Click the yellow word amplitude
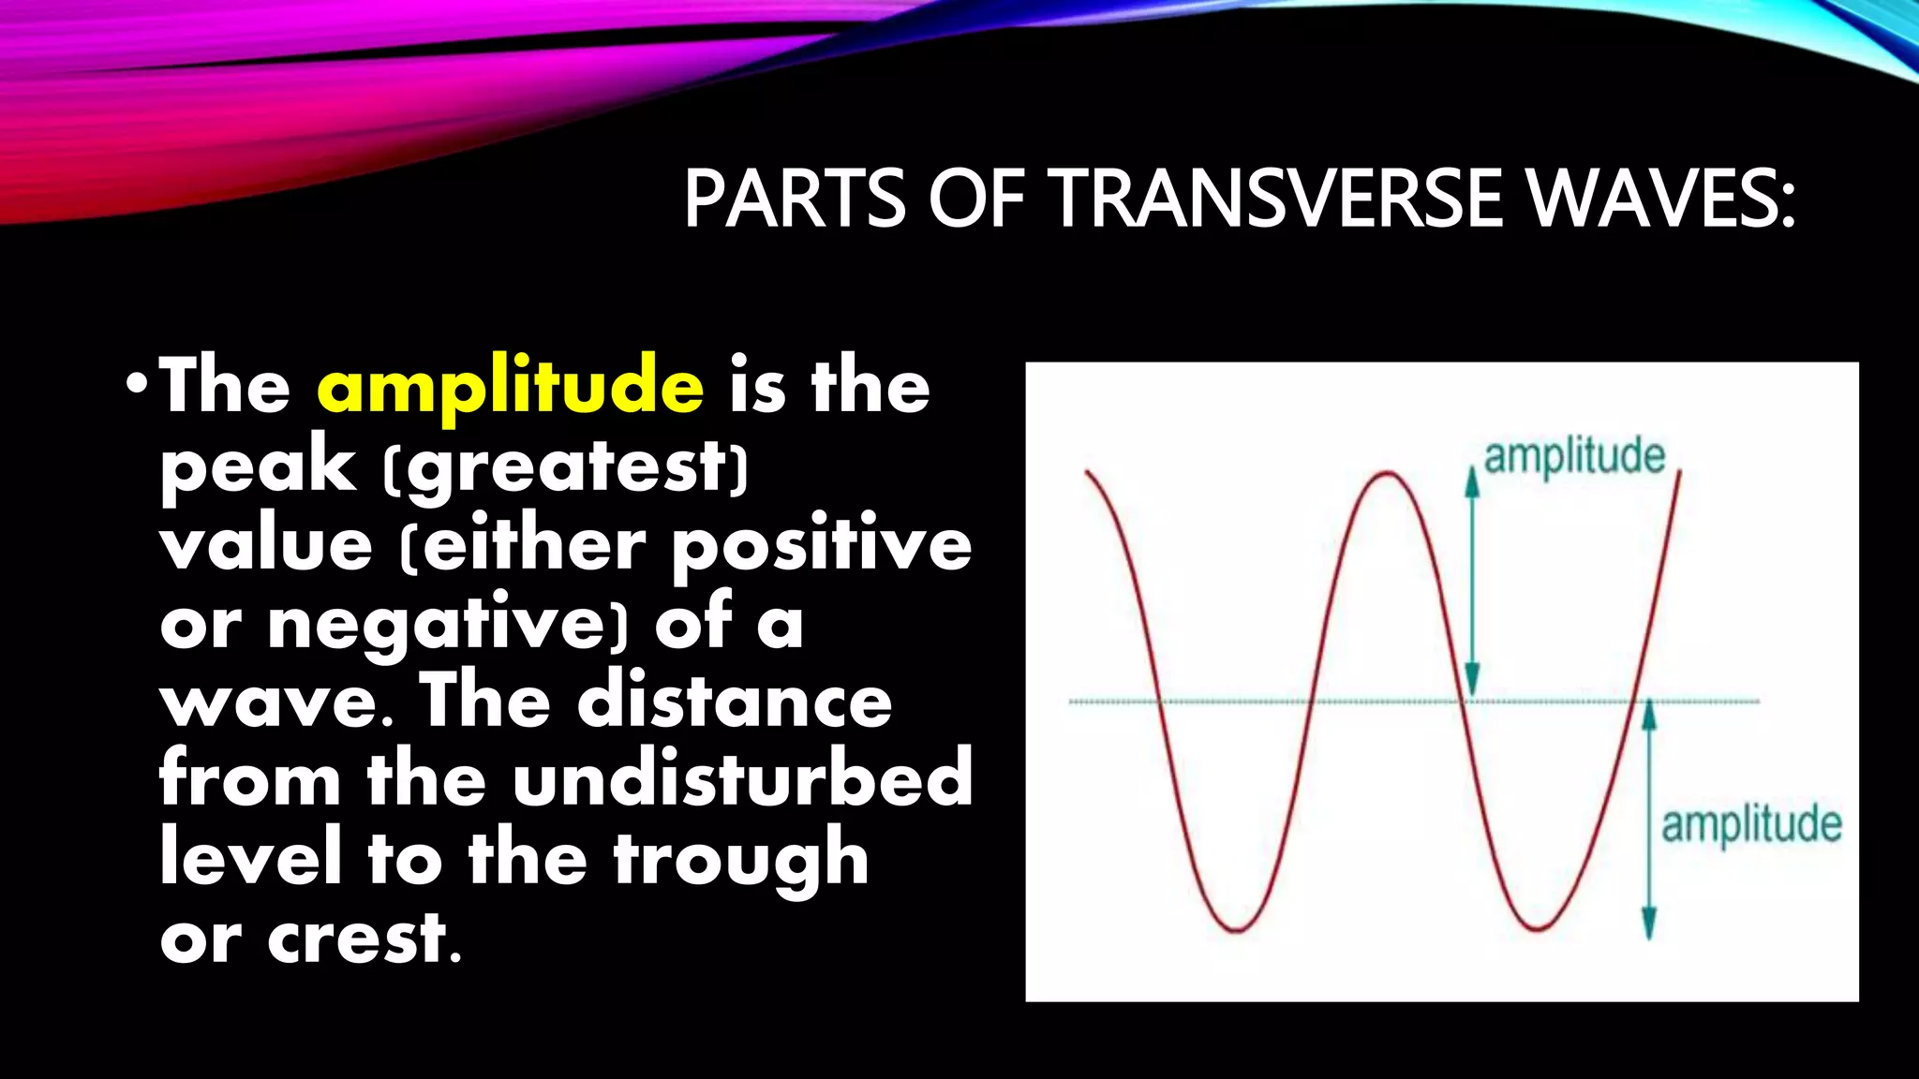tap(510, 387)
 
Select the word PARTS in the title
tap(795, 200)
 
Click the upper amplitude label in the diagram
tap(1574, 457)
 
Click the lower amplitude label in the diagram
tap(1750, 825)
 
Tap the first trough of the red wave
tap(1236, 929)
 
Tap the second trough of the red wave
tap(1537, 928)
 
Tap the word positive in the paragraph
tap(822, 545)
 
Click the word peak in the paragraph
tap(258, 466)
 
